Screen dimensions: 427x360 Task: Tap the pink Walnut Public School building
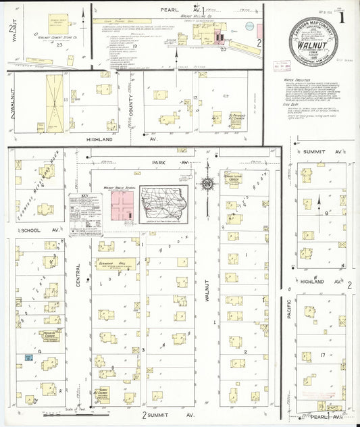120,205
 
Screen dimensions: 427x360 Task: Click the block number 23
61,45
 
